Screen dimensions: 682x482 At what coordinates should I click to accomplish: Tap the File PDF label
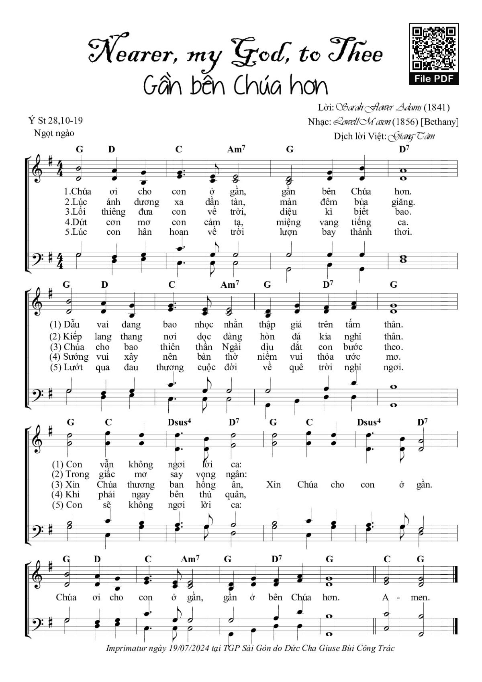pyautogui.click(x=434, y=79)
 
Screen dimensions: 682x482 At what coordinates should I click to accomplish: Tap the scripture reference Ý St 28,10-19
pyautogui.click(x=55, y=120)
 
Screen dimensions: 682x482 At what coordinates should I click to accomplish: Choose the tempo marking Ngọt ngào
pyautogui.click(x=54, y=133)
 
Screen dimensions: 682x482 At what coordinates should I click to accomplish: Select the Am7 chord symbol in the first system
pyautogui.click(x=236, y=150)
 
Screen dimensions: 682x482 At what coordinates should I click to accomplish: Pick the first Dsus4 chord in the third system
pyautogui.click(x=179, y=422)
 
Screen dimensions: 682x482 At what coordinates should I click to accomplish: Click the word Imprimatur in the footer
pyautogui.click(x=126, y=648)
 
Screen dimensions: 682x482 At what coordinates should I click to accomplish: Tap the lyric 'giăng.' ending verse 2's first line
pyautogui.click(x=403, y=202)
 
